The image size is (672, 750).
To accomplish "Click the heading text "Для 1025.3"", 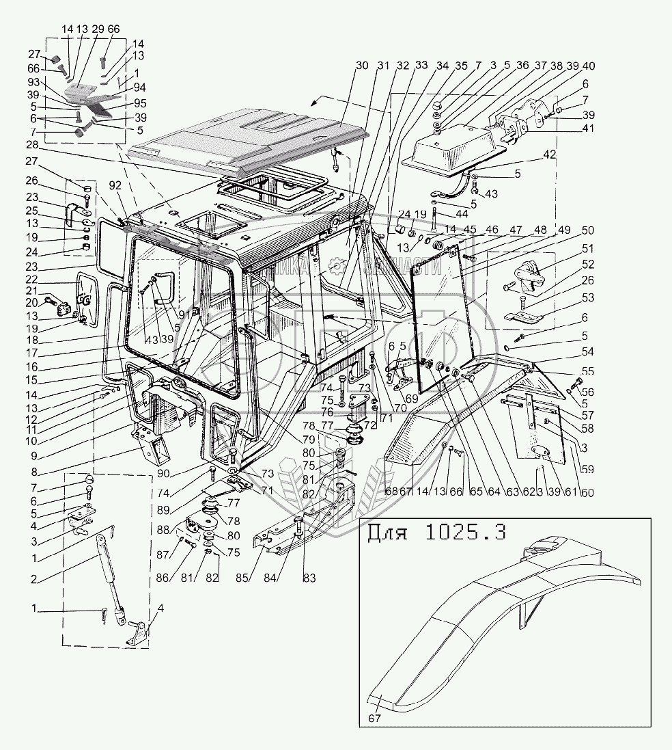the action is point(436,533).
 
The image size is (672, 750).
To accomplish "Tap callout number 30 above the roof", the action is point(362,66).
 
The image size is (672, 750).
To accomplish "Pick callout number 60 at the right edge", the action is point(588,493).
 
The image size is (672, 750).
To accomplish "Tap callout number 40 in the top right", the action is point(589,66).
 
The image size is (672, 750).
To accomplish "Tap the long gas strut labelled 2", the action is point(109,574).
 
